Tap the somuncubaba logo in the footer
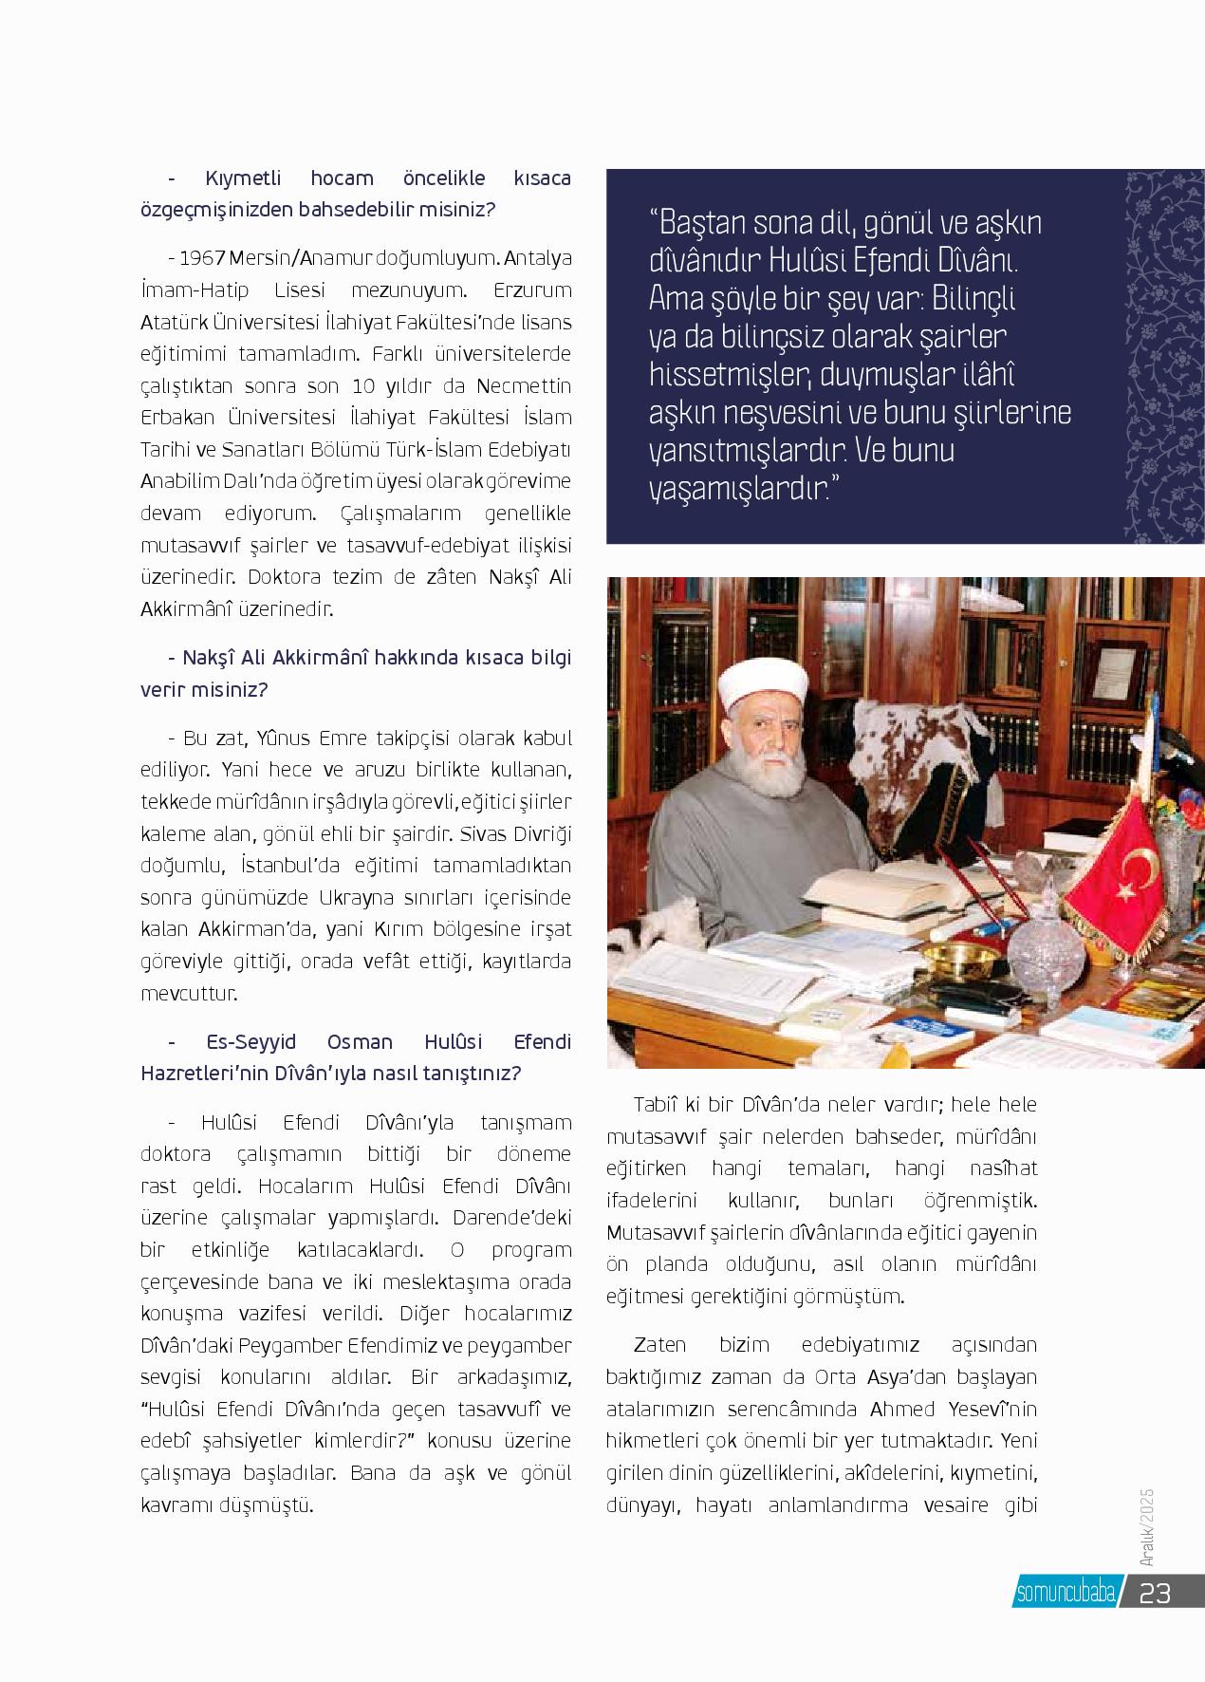point(1065,1593)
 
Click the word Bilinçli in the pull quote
point(968,298)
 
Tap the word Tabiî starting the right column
point(658,1105)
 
